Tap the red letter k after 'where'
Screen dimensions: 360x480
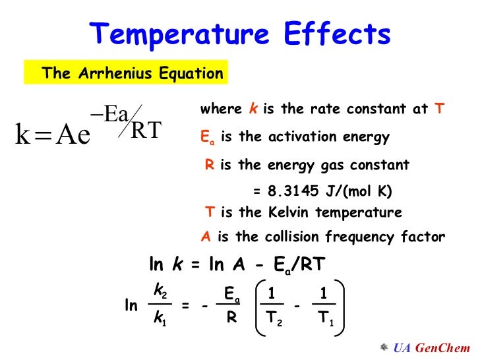(254, 110)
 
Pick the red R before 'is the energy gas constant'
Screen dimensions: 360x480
(209, 165)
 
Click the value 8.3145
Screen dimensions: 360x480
(295, 191)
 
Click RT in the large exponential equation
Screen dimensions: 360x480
(146, 130)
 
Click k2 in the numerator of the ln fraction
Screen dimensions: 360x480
(160, 289)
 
